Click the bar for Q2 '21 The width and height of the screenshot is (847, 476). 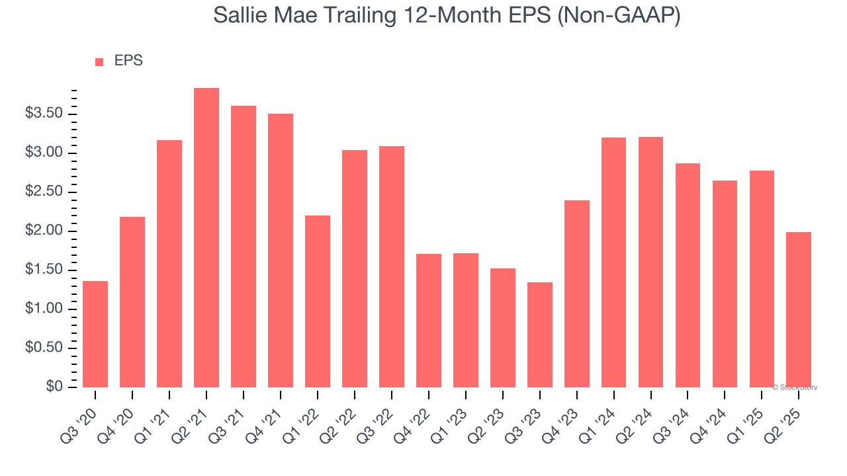206,238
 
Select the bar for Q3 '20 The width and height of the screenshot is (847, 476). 95,335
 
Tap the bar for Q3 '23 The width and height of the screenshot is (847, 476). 540,335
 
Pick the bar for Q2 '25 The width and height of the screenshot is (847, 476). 799,309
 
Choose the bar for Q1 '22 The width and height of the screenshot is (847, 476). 318,301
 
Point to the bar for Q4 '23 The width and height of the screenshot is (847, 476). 577,294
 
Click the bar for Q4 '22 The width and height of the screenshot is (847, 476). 429,321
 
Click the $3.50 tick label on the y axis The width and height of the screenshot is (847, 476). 44,114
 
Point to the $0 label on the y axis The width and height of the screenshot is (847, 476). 54,387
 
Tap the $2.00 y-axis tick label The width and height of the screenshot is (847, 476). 44,231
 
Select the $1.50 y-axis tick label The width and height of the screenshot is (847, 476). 44,270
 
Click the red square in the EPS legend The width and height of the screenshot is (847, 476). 99,61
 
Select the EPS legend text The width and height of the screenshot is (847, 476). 128,61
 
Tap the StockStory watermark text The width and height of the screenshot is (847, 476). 797,387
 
